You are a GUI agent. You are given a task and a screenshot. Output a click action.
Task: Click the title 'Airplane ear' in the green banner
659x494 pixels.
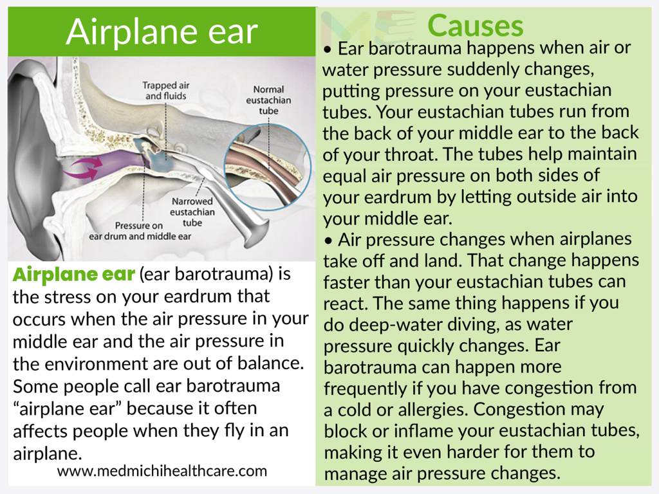point(162,32)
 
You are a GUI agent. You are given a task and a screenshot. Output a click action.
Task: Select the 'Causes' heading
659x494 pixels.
point(476,26)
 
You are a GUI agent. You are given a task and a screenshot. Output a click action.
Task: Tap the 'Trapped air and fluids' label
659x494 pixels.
point(166,91)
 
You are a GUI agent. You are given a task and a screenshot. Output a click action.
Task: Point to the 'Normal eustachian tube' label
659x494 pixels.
point(268,100)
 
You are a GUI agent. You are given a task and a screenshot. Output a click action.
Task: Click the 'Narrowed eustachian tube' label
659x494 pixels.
point(192,212)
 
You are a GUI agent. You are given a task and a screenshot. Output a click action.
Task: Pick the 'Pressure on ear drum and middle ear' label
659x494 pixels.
point(140,231)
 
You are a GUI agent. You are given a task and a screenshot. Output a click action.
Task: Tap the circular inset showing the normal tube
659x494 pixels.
point(268,165)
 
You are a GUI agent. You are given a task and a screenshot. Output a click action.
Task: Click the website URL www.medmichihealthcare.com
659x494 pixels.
point(162,471)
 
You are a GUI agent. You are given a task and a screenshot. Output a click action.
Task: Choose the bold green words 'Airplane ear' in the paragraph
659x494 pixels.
point(74,274)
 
